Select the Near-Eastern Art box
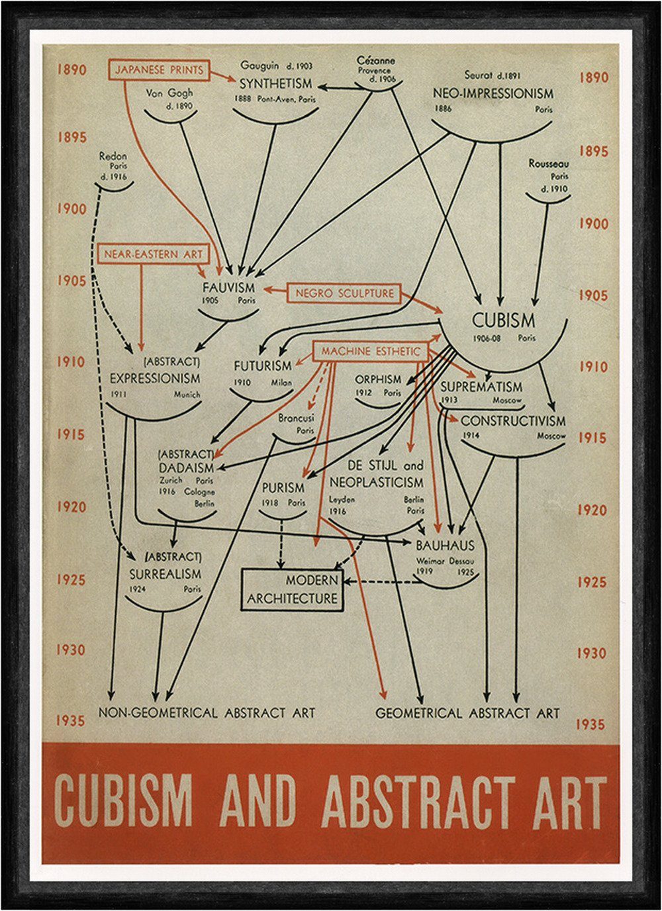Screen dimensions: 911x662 pyautogui.click(x=153, y=254)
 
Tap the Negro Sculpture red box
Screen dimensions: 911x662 pyautogui.click(x=344, y=293)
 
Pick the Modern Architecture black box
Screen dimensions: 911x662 pyautogui.click(x=292, y=589)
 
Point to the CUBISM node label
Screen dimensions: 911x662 pyautogui.click(x=503, y=321)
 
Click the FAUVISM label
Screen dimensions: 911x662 pyautogui.click(x=229, y=288)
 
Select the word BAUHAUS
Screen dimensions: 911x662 pyautogui.click(x=446, y=546)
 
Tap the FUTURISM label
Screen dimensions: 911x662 pyautogui.click(x=262, y=365)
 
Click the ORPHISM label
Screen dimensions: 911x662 pyautogui.click(x=378, y=379)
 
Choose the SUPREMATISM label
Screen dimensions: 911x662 pyautogui.click(x=481, y=387)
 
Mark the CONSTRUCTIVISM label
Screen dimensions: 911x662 pyautogui.click(x=513, y=421)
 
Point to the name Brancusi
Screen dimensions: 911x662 pyautogui.click(x=296, y=418)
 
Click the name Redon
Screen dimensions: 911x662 pyautogui.click(x=113, y=156)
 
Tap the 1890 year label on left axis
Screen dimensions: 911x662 pyautogui.click(x=71, y=70)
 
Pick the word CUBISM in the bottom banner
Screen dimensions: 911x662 pyautogui.click(x=123, y=801)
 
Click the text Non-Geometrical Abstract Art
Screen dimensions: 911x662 pyautogui.click(x=207, y=713)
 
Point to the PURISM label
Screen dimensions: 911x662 pyautogui.click(x=283, y=488)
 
